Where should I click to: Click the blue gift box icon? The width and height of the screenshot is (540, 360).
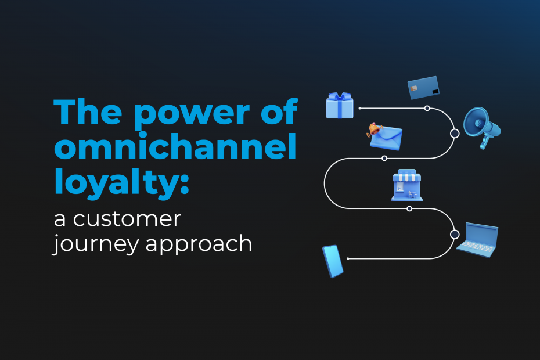[x=340, y=106]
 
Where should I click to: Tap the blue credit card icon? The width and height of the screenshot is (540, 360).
[x=423, y=88]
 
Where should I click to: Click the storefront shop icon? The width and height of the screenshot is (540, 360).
[x=406, y=187]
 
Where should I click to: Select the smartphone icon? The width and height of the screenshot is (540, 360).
[x=333, y=261]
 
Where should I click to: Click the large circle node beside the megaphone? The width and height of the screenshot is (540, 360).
[x=455, y=134]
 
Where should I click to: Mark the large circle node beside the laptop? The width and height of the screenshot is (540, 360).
[x=455, y=235]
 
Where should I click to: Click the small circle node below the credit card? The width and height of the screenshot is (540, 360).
[x=427, y=109]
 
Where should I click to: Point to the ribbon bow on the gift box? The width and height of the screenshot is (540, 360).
[x=340, y=96]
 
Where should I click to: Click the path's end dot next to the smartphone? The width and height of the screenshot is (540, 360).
[x=348, y=258]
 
